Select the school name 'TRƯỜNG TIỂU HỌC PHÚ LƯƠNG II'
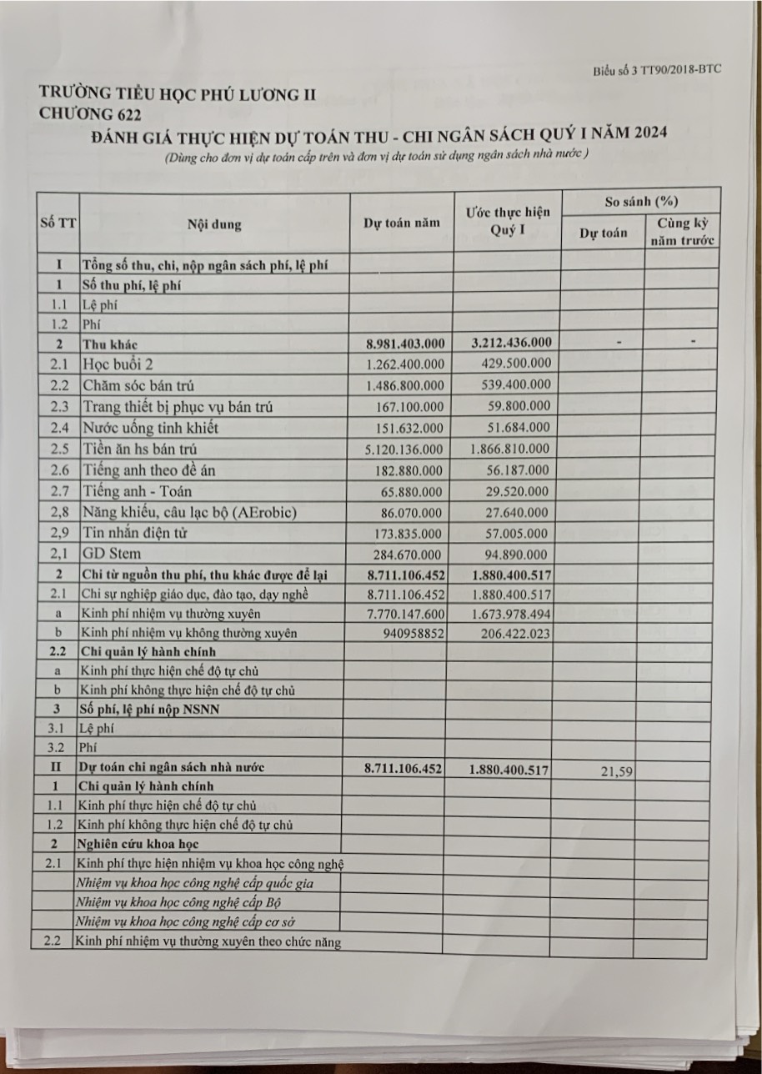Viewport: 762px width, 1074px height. coord(178,93)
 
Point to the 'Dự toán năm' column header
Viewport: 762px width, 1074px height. coord(401,223)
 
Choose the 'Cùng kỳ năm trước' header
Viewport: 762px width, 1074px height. coord(682,231)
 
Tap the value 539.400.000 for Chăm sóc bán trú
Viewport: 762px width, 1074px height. coord(517,385)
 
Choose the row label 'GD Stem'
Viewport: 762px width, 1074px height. coord(112,554)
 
